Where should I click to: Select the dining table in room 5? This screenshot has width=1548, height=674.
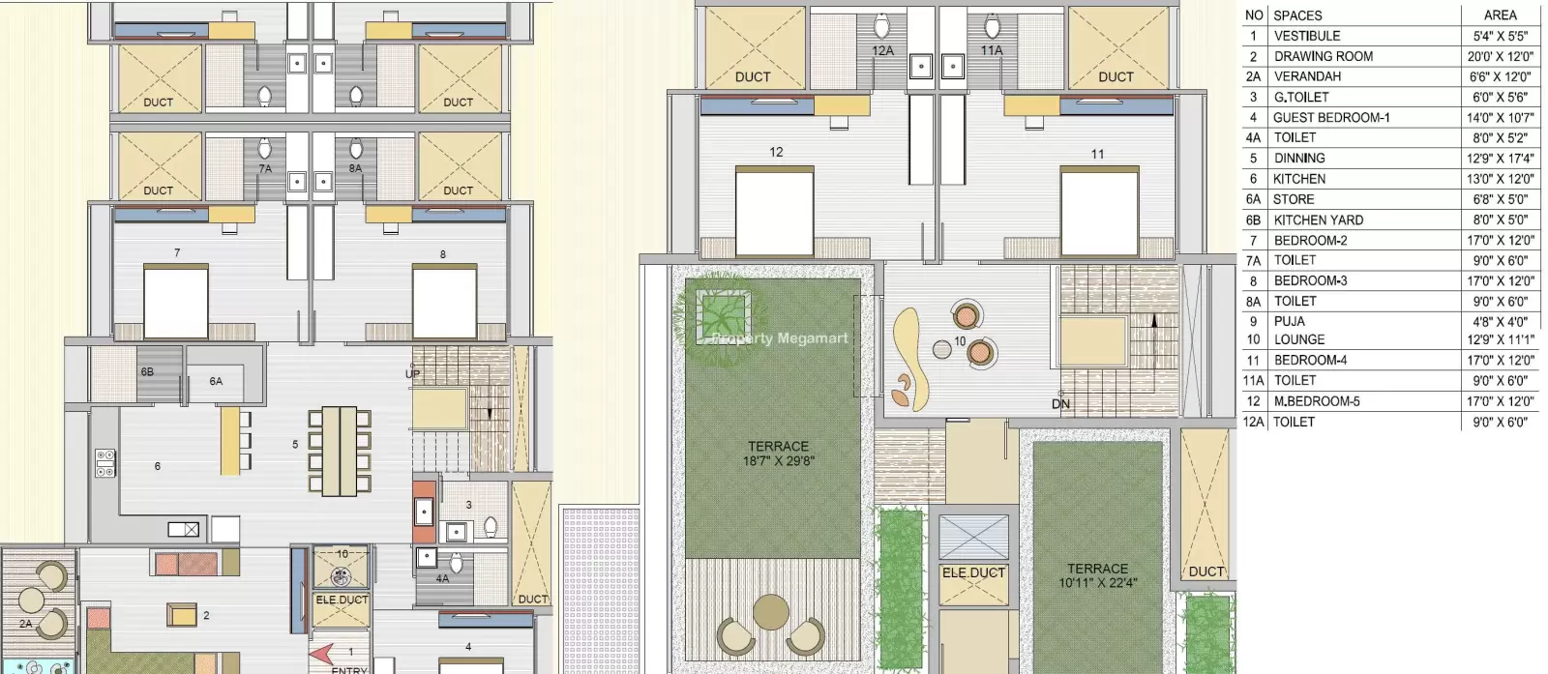(340, 452)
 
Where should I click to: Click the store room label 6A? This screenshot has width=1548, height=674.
(216, 380)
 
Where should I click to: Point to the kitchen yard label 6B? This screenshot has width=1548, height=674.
(147, 371)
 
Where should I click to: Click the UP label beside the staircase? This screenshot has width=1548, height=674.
(412, 374)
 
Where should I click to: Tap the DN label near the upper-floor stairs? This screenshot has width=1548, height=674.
(1060, 404)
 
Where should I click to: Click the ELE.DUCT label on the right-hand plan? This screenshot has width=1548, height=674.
(973, 573)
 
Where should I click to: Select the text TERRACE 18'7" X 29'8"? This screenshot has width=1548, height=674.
(778, 454)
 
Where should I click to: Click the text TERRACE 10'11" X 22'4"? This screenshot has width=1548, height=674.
(1097, 576)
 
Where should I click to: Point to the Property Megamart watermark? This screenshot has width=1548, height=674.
(780, 338)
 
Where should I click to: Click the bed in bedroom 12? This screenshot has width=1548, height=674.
(775, 212)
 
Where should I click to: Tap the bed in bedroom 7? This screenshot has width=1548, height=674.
(175, 301)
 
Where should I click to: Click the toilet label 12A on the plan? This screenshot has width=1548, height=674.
(882, 50)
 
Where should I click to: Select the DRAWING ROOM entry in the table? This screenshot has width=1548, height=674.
(1324, 57)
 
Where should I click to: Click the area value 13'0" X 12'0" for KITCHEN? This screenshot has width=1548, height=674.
(1501, 179)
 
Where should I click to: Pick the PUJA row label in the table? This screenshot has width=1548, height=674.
(1290, 322)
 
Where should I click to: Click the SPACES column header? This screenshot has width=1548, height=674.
(1297, 15)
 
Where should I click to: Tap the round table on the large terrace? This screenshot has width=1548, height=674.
(770, 612)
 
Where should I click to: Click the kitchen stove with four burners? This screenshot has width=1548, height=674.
(105, 463)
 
